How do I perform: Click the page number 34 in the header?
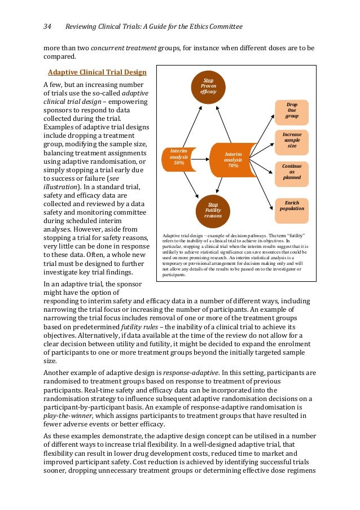(47, 26)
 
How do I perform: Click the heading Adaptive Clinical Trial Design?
(97, 73)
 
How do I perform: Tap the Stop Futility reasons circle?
(213, 210)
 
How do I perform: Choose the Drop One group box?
(292, 111)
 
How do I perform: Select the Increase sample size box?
(292, 141)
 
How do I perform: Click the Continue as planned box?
(292, 172)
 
